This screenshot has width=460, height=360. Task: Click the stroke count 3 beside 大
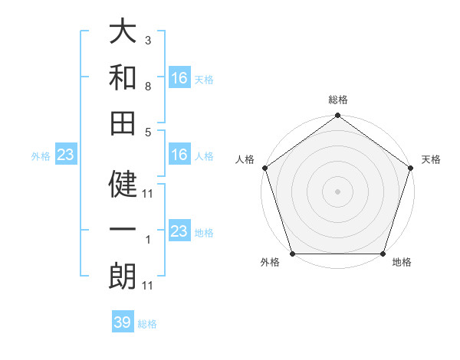click(x=147, y=39)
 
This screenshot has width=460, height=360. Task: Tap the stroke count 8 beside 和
click(x=147, y=87)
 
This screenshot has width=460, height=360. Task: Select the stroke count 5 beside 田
click(x=147, y=132)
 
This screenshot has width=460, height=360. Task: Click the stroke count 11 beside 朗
click(x=148, y=286)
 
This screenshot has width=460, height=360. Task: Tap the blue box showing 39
click(x=123, y=322)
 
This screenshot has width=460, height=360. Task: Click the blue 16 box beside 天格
click(x=179, y=78)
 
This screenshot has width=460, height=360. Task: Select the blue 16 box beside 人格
click(x=179, y=155)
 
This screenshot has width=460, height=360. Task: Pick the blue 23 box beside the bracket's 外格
click(x=66, y=155)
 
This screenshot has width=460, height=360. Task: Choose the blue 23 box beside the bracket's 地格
click(x=179, y=231)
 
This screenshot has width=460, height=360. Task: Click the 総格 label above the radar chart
click(x=337, y=100)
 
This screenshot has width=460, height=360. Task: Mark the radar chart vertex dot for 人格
click(x=264, y=168)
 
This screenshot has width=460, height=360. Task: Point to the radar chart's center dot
click(x=337, y=191)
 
